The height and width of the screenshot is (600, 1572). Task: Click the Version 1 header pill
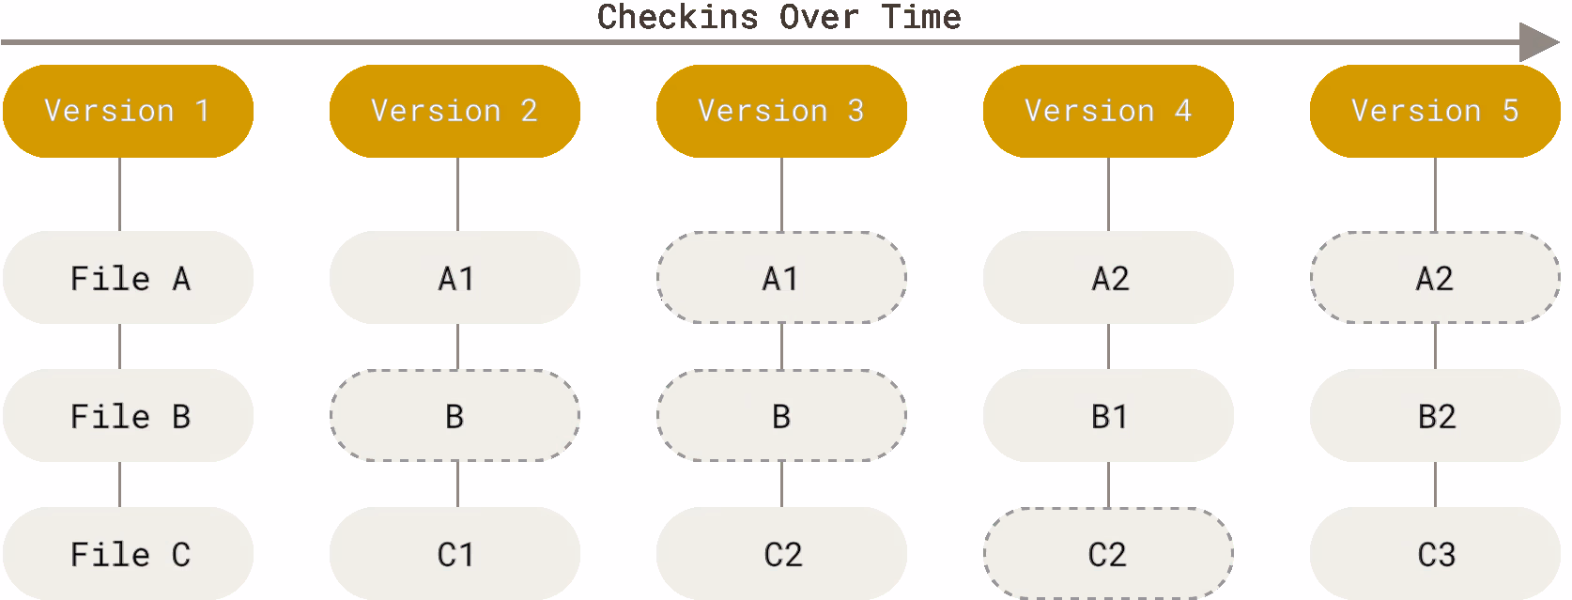pos(129,111)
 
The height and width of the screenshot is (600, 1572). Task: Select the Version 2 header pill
pos(455,111)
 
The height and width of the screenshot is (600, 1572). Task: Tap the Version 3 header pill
pos(782,111)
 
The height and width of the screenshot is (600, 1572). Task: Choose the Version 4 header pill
pos(1108,111)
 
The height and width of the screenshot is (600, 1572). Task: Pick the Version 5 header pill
pos(1435,111)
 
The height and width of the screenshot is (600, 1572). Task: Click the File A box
pos(129,277)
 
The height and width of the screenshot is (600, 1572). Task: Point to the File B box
pos(129,415)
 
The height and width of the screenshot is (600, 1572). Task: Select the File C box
pos(129,553)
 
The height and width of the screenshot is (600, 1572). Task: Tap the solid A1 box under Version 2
pos(455,277)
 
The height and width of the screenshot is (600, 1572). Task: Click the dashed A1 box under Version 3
pos(782,277)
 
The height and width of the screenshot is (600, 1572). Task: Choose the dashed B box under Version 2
pos(455,415)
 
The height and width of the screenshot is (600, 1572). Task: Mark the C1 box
pos(455,553)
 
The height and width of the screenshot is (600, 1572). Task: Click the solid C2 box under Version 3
pos(782,553)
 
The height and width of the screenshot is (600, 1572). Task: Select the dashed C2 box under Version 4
pos(1108,553)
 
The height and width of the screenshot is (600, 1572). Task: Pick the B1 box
pos(1108,415)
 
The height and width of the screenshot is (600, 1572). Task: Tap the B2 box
pos(1435,415)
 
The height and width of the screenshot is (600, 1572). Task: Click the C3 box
pos(1435,553)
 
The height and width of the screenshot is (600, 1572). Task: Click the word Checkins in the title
pos(678,17)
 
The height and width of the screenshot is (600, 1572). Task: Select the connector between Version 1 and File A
pos(119,194)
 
